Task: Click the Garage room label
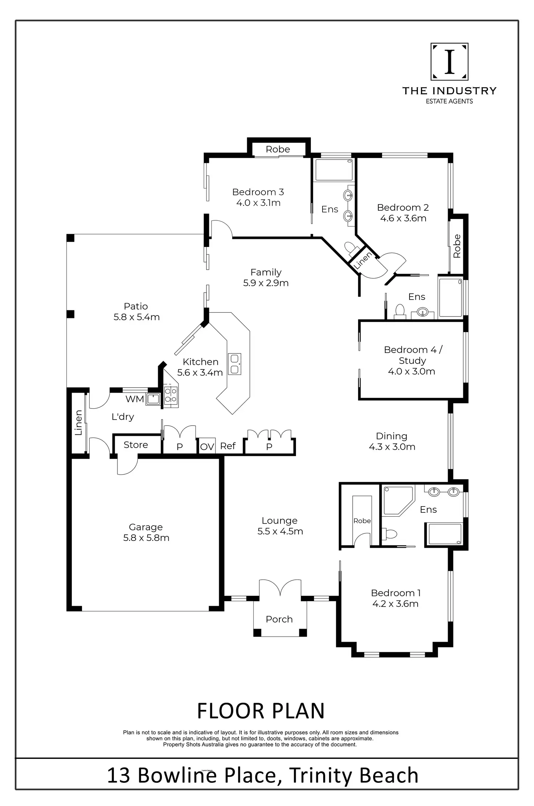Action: pyautogui.click(x=145, y=527)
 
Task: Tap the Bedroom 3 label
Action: pyautogui.click(x=258, y=192)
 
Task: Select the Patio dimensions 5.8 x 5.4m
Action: pyautogui.click(x=136, y=317)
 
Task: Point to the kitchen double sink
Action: pyautogui.click(x=234, y=364)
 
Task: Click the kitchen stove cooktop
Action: pyautogui.click(x=171, y=395)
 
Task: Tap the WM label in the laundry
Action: pyautogui.click(x=135, y=399)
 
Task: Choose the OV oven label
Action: pyautogui.click(x=207, y=447)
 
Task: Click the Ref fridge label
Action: pyautogui.click(x=228, y=446)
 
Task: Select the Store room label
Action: pyautogui.click(x=136, y=445)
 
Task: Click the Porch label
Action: pyautogui.click(x=279, y=619)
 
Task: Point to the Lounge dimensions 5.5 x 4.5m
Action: pyautogui.click(x=280, y=531)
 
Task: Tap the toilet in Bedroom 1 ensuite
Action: pyautogui.click(x=390, y=534)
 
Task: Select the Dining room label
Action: pyautogui.click(x=391, y=436)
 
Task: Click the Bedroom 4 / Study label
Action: pyautogui.click(x=412, y=355)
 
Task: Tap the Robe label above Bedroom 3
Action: pyautogui.click(x=278, y=149)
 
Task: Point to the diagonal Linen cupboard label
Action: pyautogui.click(x=362, y=260)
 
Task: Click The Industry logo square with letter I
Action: pyautogui.click(x=449, y=62)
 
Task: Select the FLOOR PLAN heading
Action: pyautogui.click(x=260, y=711)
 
